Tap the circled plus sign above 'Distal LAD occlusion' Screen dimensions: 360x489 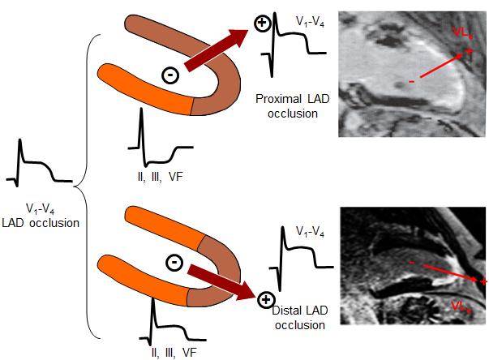pos(264,302)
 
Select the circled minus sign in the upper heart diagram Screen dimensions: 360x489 pos(170,75)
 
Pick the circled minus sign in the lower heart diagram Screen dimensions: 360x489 pos(173,262)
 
